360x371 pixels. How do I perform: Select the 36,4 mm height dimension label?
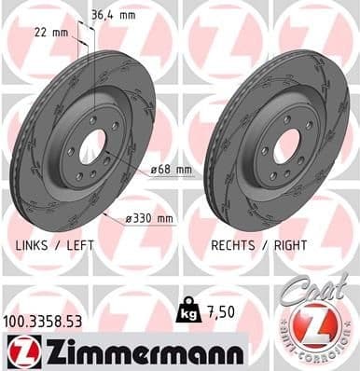point(113,14)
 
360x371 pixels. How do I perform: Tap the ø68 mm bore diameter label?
point(171,169)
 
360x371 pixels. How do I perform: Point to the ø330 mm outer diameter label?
point(150,219)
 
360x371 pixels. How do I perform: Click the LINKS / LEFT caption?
point(57,244)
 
